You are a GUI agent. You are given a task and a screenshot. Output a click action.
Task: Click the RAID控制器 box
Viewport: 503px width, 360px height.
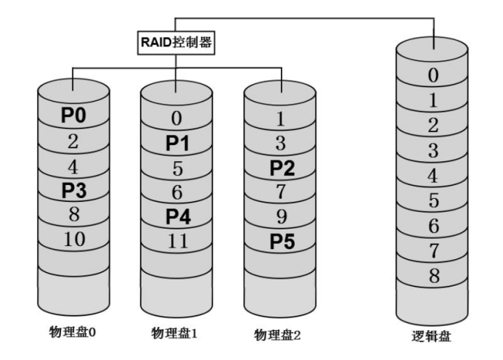(x=176, y=43)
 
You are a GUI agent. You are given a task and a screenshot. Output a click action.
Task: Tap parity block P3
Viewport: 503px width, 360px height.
(x=73, y=191)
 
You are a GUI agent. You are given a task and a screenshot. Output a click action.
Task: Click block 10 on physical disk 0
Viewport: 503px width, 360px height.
(x=73, y=240)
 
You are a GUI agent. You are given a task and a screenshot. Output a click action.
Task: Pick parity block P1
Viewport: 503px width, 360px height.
(x=176, y=143)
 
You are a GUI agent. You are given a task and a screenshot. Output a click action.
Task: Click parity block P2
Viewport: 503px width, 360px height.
(x=282, y=169)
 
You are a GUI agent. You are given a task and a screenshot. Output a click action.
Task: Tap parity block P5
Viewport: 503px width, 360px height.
(x=282, y=242)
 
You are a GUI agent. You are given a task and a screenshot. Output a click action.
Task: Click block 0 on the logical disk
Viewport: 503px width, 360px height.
(x=434, y=75)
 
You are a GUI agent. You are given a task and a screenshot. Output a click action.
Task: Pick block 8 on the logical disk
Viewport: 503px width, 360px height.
(x=434, y=275)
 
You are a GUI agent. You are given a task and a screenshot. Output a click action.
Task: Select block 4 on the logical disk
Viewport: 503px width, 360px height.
(x=434, y=175)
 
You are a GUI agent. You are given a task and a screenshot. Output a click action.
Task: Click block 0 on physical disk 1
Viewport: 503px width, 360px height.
(x=176, y=118)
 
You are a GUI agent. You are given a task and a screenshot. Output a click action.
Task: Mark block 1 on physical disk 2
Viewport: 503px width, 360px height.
(x=282, y=118)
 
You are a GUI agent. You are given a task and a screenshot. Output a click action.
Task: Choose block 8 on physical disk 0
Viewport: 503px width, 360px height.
(x=73, y=216)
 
